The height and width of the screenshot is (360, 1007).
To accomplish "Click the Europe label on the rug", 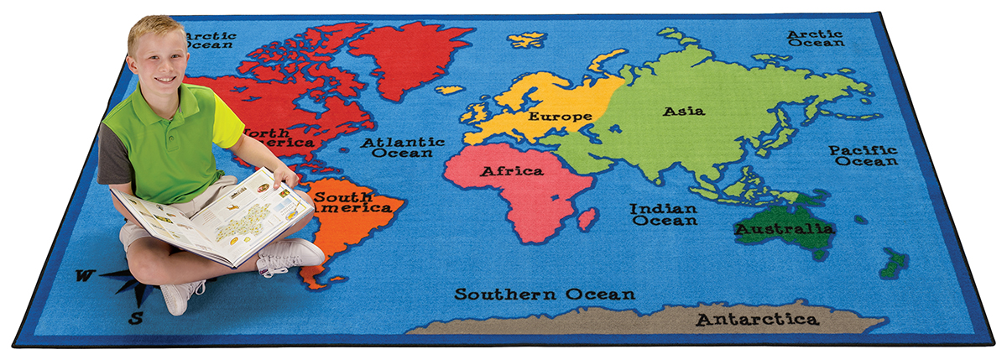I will point(560,116).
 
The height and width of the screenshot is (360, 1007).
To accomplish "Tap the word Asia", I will point(684,111).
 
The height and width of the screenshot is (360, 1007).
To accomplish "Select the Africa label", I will point(511,171).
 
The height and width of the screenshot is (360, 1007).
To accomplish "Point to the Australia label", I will point(785,228).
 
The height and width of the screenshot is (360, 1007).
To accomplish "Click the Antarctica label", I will point(757,320).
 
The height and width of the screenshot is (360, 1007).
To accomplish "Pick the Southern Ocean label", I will point(545,295).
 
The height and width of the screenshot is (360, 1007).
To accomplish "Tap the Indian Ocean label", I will point(664,215).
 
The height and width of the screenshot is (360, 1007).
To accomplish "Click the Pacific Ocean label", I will point(864,155).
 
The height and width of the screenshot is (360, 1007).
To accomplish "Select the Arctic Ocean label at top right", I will point(815,39).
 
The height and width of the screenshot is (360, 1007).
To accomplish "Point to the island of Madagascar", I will point(587,220).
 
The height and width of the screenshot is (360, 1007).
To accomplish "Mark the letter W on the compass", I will point(83,275).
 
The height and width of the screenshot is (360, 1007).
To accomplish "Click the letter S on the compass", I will point(136,317).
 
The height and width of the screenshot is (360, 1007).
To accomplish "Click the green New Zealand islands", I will point(894,262).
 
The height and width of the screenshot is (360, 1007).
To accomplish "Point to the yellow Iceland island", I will point(527,39).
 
